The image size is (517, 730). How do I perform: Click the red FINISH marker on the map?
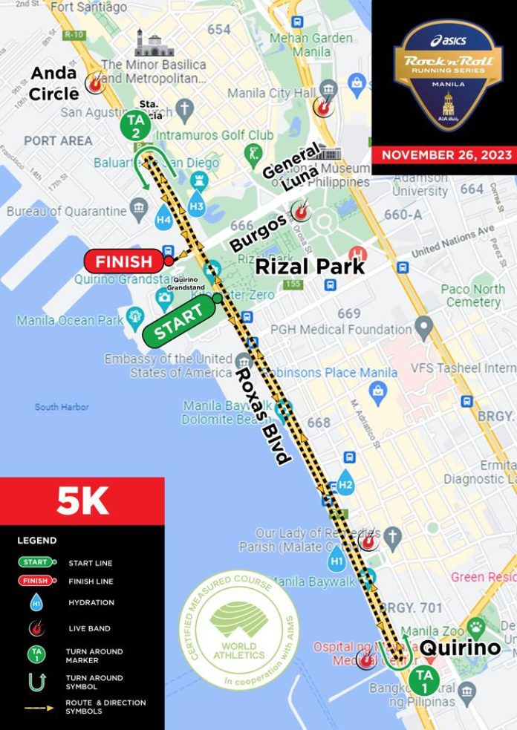point(125,261)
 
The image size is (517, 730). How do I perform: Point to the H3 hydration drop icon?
point(197,202)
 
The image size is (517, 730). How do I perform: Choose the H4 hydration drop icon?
point(164,218)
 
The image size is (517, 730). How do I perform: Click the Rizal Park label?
point(310,266)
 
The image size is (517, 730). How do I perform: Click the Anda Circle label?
point(53,83)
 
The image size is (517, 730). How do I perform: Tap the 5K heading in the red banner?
point(82,501)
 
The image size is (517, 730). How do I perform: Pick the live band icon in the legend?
point(34,629)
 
